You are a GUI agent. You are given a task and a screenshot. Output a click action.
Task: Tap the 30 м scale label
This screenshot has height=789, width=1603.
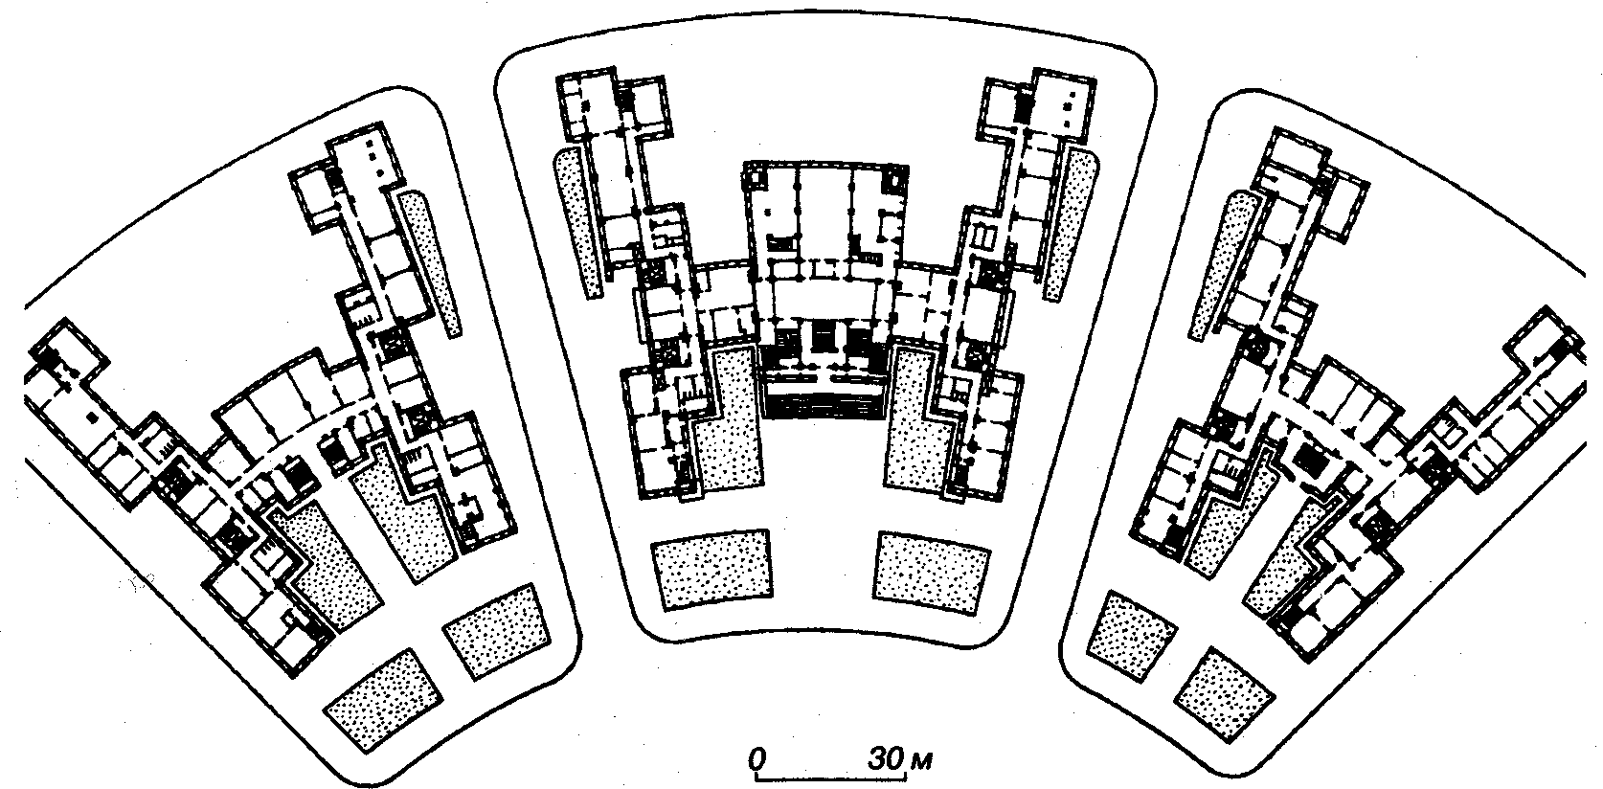pos(900,759)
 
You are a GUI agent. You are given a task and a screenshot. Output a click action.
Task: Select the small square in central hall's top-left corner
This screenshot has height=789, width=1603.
pos(756,176)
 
